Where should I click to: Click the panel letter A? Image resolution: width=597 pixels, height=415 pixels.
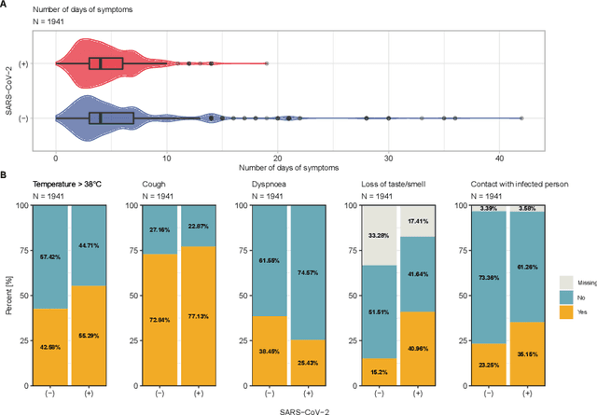[5, 6]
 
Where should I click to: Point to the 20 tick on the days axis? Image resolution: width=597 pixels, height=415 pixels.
[277, 158]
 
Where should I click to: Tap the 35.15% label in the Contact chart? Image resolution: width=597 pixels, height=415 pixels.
[523, 354]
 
